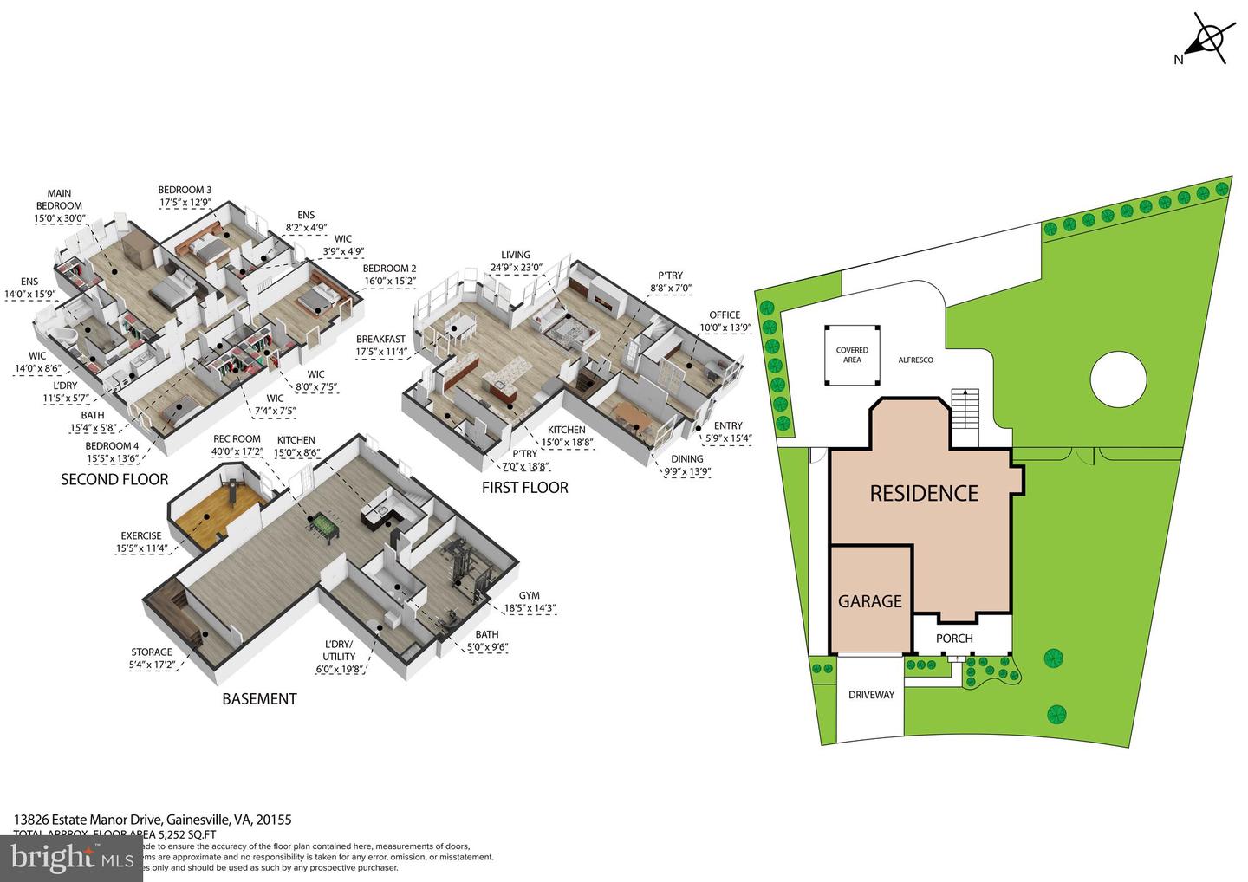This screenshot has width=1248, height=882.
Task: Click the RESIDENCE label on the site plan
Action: [924, 493]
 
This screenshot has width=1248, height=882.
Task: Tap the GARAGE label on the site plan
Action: [869, 601]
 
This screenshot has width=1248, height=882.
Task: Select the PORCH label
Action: [954, 639]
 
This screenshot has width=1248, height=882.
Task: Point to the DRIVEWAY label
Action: [871, 695]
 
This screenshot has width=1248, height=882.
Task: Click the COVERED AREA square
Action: [852, 355]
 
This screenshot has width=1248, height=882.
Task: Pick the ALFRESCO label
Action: [915, 360]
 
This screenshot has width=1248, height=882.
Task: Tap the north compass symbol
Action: [1207, 38]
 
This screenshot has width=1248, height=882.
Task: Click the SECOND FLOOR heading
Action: [114, 479]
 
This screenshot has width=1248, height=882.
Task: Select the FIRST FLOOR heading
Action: [525, 488]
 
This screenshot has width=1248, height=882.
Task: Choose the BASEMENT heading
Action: [259, 699]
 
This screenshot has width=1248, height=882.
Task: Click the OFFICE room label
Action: [725, 315]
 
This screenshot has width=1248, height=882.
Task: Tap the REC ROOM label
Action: [237, 439]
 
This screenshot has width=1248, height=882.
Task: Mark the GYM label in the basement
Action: [529, 595]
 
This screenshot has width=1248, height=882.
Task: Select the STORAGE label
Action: [152, 652]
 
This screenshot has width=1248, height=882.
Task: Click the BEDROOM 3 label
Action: [185, 190]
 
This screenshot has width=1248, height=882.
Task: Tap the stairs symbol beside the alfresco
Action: [964, 407]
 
